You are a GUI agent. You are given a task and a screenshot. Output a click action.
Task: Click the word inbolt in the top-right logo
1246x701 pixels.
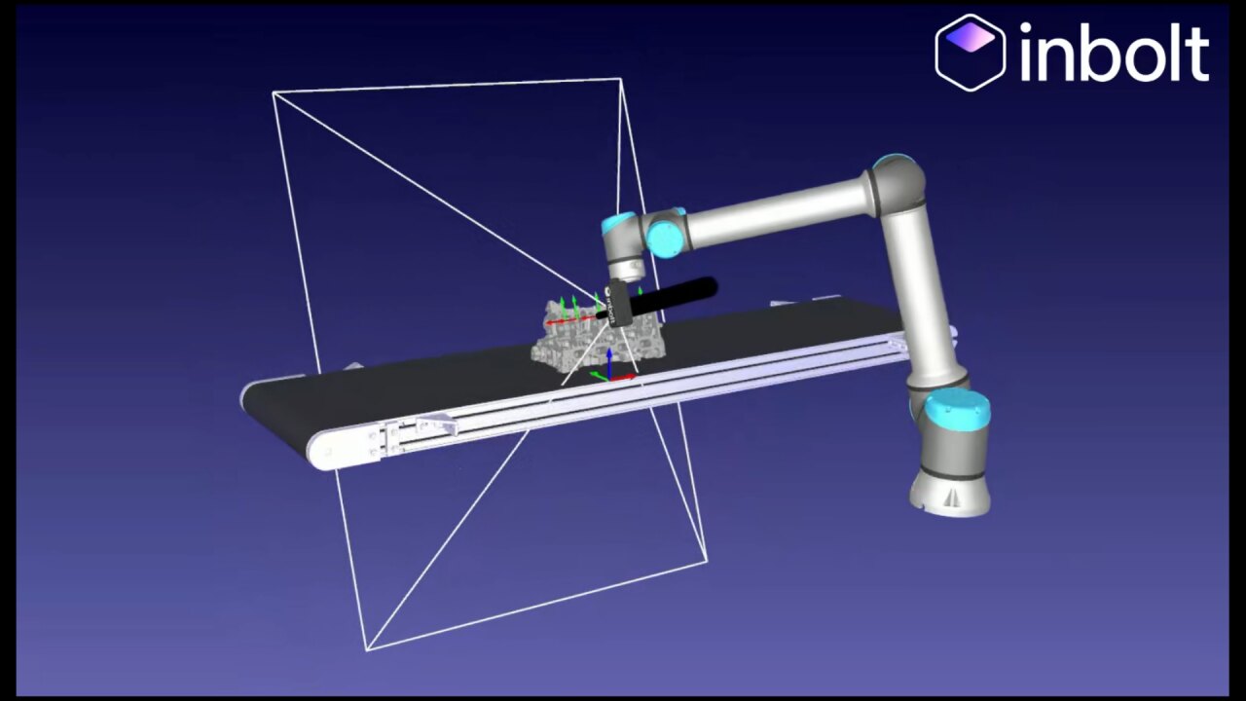(1115, 54)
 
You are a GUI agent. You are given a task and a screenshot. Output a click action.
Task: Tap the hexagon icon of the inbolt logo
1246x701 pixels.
(971, 53)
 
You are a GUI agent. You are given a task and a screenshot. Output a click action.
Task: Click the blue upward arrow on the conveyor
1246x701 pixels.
(609, 363)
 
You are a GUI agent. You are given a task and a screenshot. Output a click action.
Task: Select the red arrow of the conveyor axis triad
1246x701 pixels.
(623, 378)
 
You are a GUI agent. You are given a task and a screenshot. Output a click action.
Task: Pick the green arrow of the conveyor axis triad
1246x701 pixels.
(599, 376)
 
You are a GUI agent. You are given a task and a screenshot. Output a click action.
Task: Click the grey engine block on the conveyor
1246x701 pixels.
(598, 338)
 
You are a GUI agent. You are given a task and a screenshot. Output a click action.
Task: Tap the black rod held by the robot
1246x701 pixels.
(656, 299)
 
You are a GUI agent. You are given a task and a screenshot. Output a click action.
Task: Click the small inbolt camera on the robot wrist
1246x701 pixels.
(617, 304)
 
